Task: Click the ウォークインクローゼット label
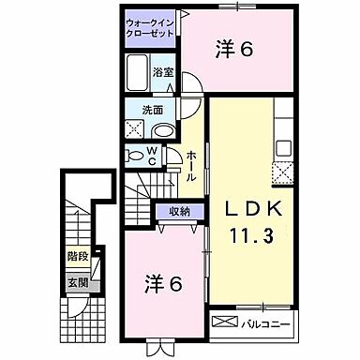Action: (150, 27)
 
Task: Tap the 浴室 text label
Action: (163, 71)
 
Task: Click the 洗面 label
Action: (140, 109)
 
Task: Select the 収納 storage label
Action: (180, 211)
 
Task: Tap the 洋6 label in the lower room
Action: (161, 281)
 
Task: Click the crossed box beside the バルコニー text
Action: (225, 323)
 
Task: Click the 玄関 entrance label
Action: (77, 281)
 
